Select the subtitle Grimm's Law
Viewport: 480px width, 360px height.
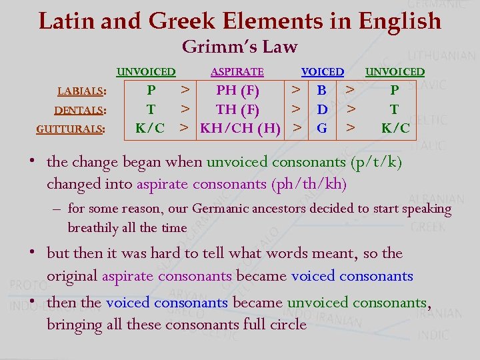coord(239,47)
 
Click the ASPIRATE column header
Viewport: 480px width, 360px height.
coord(237,72)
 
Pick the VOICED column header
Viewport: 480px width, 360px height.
coord(322,72)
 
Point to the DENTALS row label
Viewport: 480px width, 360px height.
coord(81,111)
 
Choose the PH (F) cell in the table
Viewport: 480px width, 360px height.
coord(237,90)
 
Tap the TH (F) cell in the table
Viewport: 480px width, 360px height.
coord(237,109)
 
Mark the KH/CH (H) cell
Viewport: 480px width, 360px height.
coord(241,127)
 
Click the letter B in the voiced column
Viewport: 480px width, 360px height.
coord(322,90)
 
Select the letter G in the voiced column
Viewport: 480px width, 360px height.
coord(322,127)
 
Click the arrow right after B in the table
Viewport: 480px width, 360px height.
coord(348,89)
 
